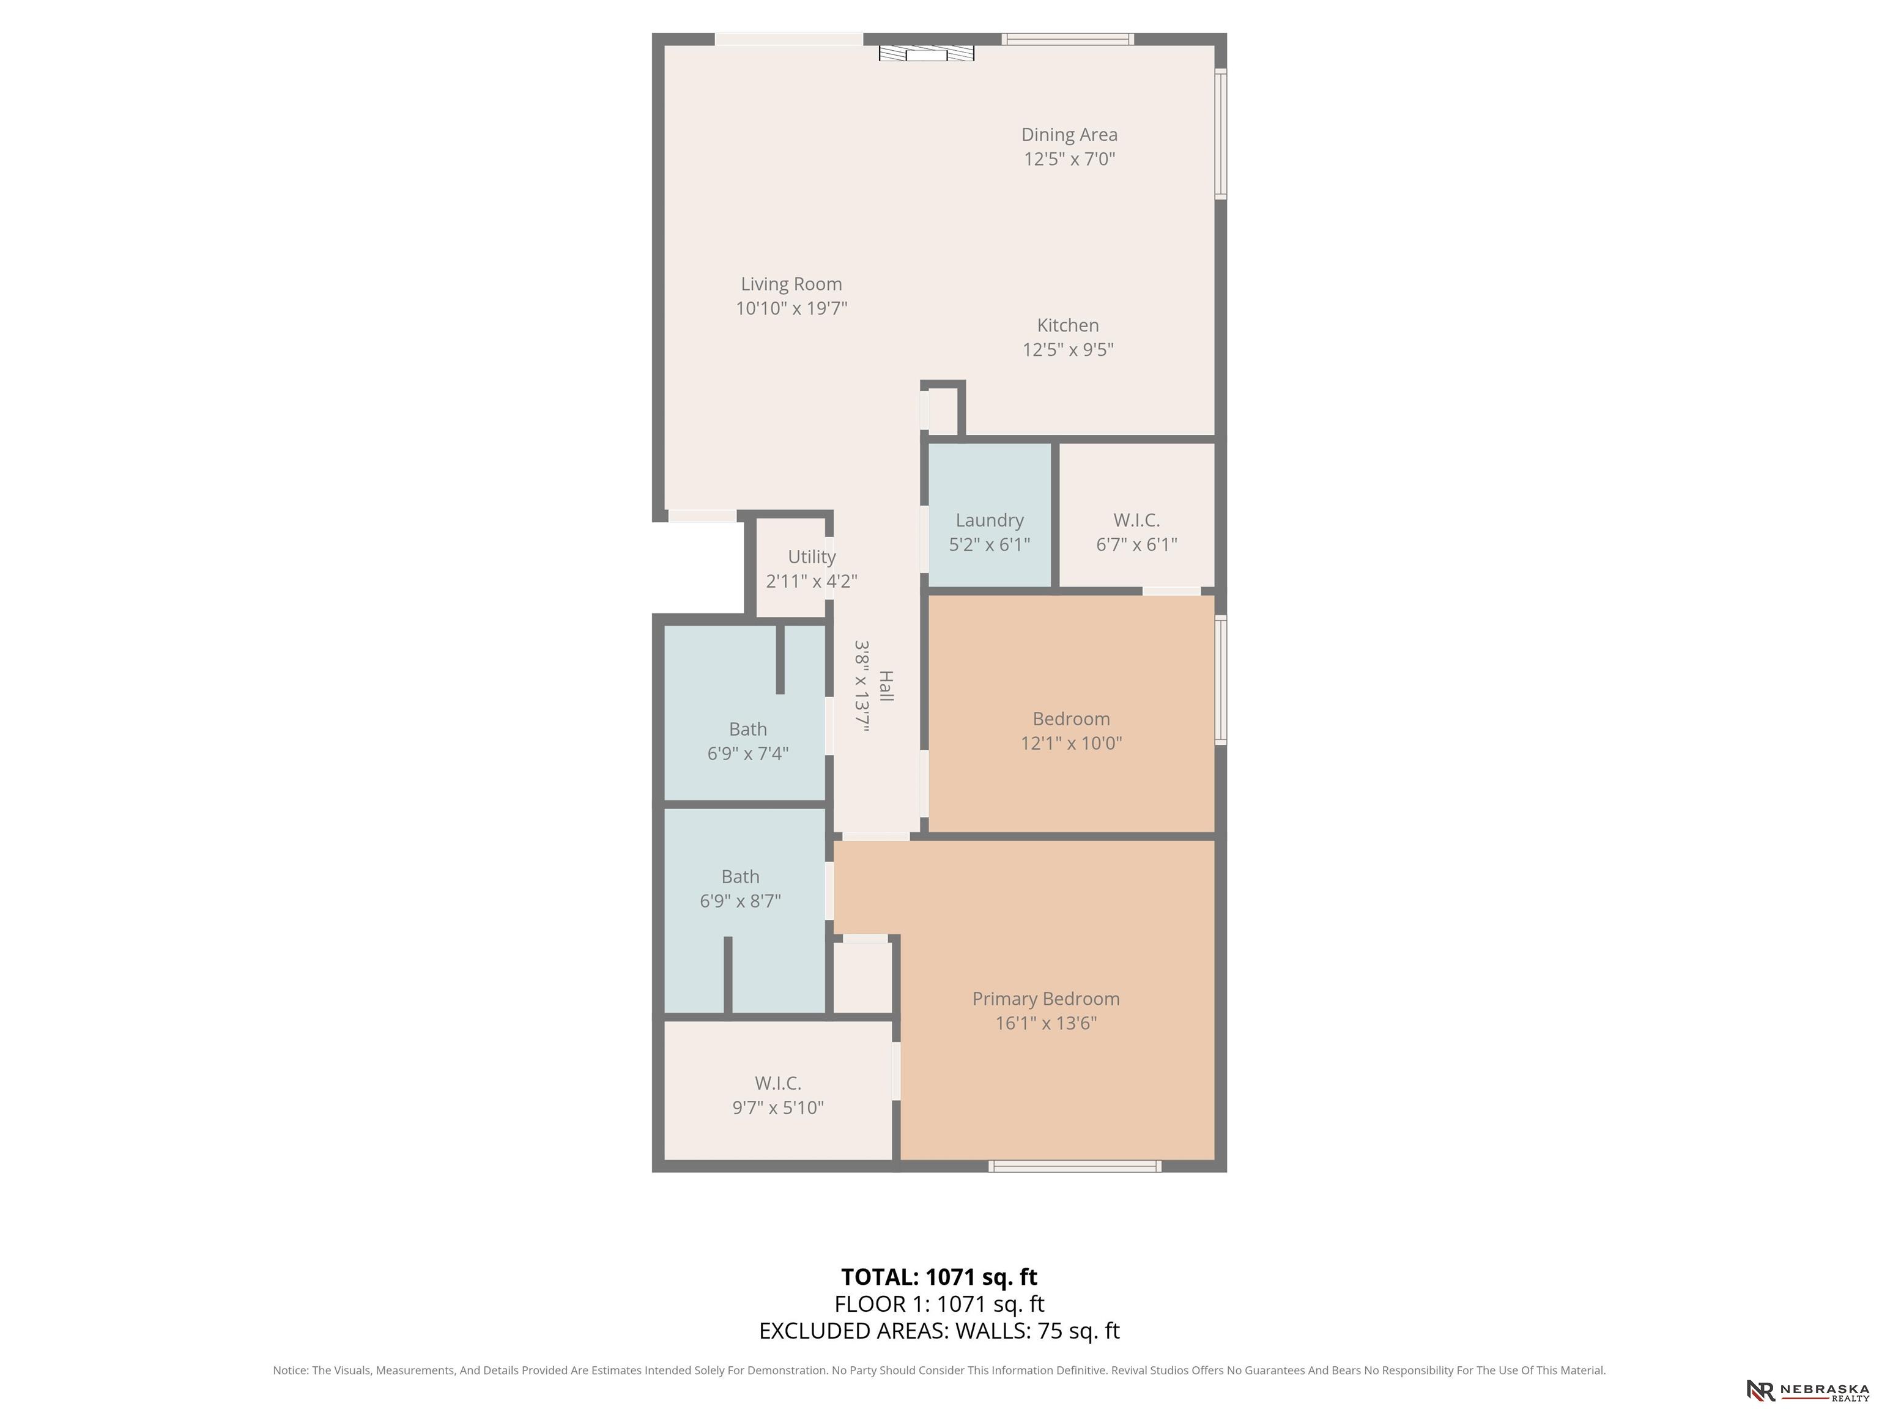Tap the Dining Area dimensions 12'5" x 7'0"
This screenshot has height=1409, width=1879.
pyautogui.click(x=1069, y=159)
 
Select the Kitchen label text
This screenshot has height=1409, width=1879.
pyautogui.click(x=1068, y=325)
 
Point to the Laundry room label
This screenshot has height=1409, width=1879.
pyautogui.click(x=990, y=520)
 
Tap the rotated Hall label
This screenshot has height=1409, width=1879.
pyautogui.click(x=885, y=686)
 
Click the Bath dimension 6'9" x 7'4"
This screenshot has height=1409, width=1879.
pyautogui.click(x=747, y=753)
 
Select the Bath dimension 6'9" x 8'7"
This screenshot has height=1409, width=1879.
pyautogui.click(x=740, y=901)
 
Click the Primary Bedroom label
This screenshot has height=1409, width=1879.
pyautogui.click(x=1046, y=999)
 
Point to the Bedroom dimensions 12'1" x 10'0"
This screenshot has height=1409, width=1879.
pyautogui.click(x=1071, y=743)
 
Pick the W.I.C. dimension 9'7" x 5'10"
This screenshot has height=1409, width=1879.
pyautogui.click(x=778, y=1108)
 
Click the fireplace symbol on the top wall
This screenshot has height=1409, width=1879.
pyautogui.click(x=926, y=53)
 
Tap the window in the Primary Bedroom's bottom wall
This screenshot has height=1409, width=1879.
pyautogui.click(x=1075, y=1166)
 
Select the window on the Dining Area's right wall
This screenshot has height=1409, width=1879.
pyautogui.click(x=1221, y=134)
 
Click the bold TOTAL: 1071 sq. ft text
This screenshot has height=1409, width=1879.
pyautogui.click(x=939, y=1278)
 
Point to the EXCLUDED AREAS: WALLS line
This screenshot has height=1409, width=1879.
pyautogui.click(x=939, y=1331)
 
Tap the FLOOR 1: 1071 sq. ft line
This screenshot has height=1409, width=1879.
pyautogui.click(x=939, y=1304)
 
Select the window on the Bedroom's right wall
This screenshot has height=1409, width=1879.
pyautogui.click(x=1221, y=680)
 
